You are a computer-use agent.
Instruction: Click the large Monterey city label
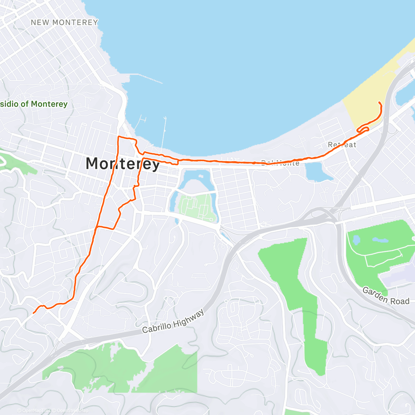[x=122, y=164]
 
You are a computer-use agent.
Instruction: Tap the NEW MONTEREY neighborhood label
[x=64, y=22]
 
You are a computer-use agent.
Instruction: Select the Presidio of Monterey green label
[x=34, y=104]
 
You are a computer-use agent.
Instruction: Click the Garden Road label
[x=386, y=296]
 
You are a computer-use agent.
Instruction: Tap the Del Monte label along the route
[x=280, y=163]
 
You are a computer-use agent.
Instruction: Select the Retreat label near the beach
[x=342, y=145]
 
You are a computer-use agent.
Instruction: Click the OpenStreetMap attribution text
[x=72, y=411]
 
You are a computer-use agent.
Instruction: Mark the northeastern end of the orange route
[x=379, y=103]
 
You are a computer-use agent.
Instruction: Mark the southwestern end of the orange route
[x=34, y=313]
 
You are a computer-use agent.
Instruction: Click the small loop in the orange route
[x=363, y=129]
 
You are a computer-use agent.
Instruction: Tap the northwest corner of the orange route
[x=119, y=137]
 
